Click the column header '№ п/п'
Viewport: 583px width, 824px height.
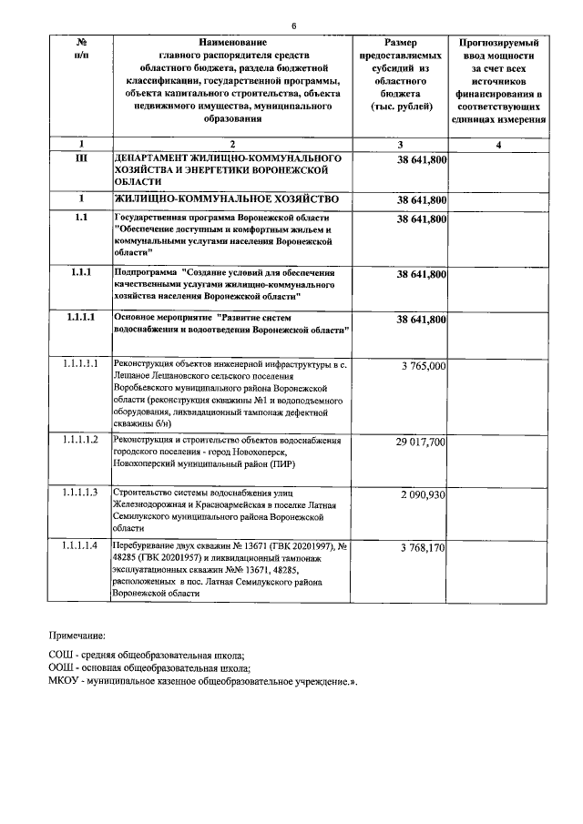80,49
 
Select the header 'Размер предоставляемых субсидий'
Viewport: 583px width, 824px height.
401,74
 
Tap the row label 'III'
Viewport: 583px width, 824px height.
80,158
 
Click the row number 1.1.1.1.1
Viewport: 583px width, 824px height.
80,364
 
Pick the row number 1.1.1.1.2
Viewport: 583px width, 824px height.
80,441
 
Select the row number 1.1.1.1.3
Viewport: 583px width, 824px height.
80,493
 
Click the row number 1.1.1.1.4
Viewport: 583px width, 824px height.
80,545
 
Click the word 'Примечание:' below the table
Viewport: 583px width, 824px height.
77,636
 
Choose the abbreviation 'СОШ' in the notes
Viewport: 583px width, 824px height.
62,656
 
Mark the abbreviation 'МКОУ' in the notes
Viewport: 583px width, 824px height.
66,681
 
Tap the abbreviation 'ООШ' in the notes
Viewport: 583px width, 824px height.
62,668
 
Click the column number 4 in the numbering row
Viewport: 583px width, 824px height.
498,144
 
